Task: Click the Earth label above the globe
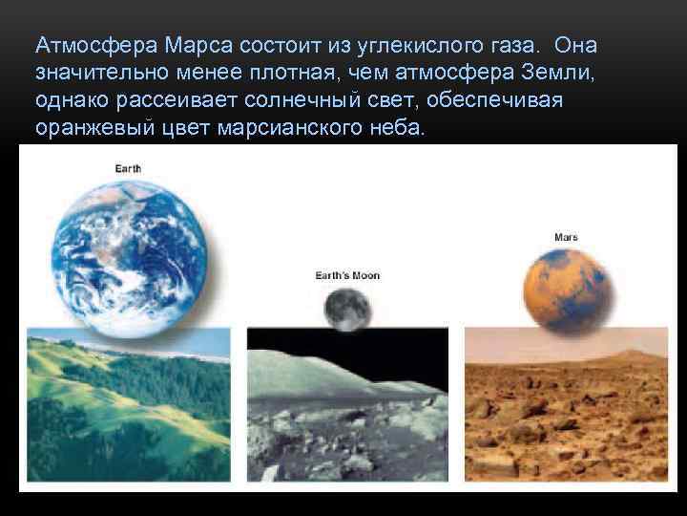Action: click(x=128, y=168)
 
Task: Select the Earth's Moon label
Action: click(x=347, y=275)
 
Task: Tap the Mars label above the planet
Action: click(x=566, y=237)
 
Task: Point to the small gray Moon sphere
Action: click(x=345, y=308)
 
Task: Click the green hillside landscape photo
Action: click(x=129, y=406)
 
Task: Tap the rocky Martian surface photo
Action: click(x=566, y=406)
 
